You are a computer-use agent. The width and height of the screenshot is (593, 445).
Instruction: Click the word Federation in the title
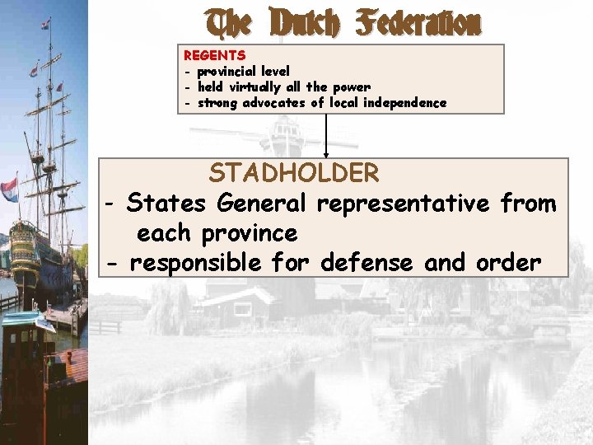419,24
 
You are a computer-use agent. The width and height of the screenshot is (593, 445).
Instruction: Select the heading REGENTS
214,55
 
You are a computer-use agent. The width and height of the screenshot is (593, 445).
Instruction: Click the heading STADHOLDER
294,173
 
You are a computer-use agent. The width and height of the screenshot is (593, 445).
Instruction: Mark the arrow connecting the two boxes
326,135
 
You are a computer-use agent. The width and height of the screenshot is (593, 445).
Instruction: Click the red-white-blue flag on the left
10,189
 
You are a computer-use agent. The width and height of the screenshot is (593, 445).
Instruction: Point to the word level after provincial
274,72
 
